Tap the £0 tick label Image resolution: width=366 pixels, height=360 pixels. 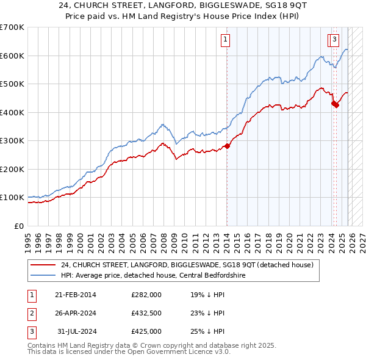click(x=18, y=226)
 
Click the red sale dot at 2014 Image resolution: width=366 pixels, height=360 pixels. click(x=227, y=146)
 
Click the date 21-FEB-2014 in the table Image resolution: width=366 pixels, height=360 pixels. click(x=75, y=295)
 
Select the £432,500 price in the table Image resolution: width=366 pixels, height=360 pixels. click(x=146, y=313)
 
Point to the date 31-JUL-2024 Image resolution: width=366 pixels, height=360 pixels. click(x=75, y=331)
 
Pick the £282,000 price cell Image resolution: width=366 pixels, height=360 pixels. click(x=146, y=295)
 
